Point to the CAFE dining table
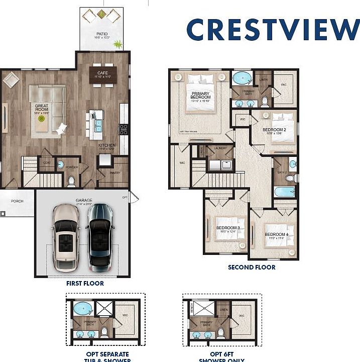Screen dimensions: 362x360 (x=103, y=74)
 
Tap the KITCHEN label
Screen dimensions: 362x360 (x=106, y=146)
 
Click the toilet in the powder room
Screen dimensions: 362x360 (x=71, y=180)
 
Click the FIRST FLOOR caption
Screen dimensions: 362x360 (x=85, y=284)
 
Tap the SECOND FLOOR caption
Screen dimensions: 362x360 (x=252, y=267)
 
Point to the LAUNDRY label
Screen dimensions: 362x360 (x=219, y=149)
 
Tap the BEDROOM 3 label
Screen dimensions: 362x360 (x=227, y=228)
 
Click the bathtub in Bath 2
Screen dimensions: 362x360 (x=284, y=192)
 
